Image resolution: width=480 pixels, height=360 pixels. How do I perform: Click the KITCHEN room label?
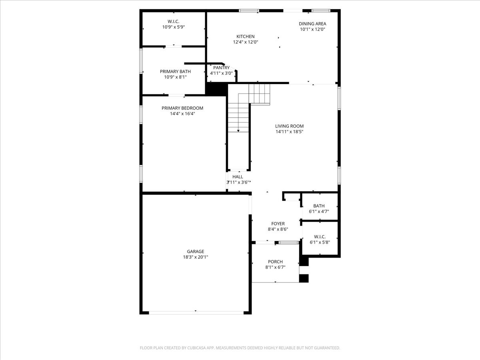coord(245,36)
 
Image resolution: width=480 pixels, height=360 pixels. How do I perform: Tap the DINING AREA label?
coord(312,24)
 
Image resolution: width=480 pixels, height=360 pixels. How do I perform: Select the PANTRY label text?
coord(221,68)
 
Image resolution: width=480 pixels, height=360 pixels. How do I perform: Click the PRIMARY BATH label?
coord(175,71)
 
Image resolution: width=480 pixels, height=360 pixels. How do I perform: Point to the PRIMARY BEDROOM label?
coord(182,108)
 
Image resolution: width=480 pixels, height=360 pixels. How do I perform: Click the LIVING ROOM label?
coord(289,126)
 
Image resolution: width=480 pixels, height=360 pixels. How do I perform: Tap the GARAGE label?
coord(195,252)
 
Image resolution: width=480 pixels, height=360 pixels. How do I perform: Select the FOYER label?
coord(278,224)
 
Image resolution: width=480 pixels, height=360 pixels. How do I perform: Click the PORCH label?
coord(275,262)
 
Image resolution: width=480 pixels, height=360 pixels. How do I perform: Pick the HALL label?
coord(238,176)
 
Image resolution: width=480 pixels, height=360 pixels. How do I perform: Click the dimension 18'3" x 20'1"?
coord(195,257)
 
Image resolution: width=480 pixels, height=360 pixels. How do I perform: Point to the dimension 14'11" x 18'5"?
coord(289,132)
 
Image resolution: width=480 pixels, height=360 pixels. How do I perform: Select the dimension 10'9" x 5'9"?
coord(173,27)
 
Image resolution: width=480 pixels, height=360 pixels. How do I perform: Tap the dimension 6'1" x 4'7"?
coord(319,212)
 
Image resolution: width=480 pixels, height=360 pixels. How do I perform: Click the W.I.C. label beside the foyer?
coord(319,236)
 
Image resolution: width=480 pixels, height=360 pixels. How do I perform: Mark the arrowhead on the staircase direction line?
coord(238,130)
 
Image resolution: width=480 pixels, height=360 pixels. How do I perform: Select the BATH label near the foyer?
coord(319,206)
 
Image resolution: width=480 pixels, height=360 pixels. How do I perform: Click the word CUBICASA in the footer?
coord(198,348)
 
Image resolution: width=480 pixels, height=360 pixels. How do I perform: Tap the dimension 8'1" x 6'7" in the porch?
coord(275,267)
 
